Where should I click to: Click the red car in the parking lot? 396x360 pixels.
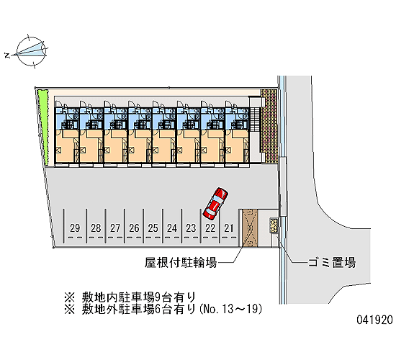[x=215, y=203]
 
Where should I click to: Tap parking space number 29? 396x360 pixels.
[x=75, y=228]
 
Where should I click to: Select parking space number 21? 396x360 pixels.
[x=228, y=228]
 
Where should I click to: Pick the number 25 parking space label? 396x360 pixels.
[x=153, y=228]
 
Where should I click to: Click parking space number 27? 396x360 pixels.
[x=115, y=228]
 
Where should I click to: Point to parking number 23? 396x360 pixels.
[x=191, y=228]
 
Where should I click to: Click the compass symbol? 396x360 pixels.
[x=31, y=51]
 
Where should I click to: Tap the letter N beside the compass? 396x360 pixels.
[x=7, y=55]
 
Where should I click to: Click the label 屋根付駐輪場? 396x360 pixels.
[x=181, y=263]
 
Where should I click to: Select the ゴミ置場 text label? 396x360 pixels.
[x=332, y=263]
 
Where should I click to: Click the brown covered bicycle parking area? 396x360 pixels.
[x=250, y=228]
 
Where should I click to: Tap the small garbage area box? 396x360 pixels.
[x=274, y=225]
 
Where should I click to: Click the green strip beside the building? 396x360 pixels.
[x=43, y=127]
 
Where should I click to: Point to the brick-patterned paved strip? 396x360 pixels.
[x=269, y=126]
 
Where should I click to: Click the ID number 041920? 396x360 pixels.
[x=375, y=320]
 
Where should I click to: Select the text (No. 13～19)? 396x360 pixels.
[x=231, y=309]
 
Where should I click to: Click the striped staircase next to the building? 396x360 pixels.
[x=256, y=120]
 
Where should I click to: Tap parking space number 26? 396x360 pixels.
[x=134, y=228]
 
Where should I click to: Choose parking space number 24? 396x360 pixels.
[x=172, y=228]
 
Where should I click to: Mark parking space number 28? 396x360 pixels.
[x=96, y=228]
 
